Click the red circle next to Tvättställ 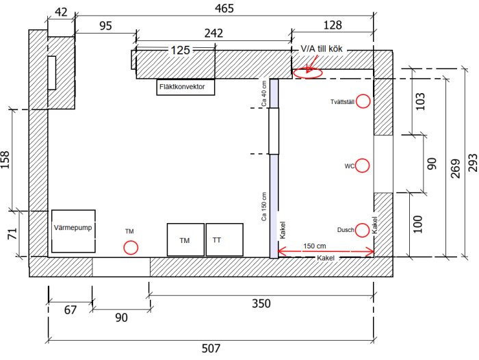(363, 94)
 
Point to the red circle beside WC (362, 159)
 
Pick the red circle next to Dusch (362, 223)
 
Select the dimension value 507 (211, 348)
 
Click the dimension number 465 (224, 8)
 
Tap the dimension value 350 (261, 303)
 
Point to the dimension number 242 (213, 33)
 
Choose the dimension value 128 (333, 25)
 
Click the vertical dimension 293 (472, 163)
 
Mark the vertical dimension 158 (5, 160)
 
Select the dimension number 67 (70, 310)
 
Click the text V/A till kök (322, 49)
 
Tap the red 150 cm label (314, 246)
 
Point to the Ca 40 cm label (264, 94)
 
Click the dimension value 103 (420, 101)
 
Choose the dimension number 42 (61, 12)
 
